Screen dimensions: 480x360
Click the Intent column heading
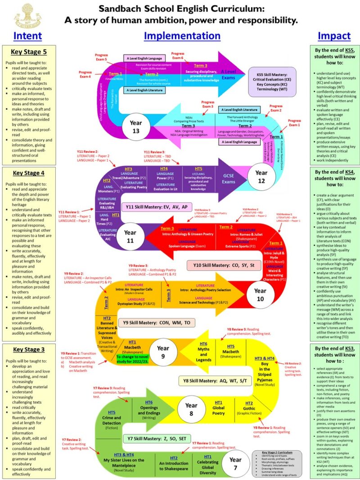click(x=27, y=36)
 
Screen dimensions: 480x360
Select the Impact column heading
click(x=334, y=36)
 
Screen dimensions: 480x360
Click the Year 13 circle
click(x=129, y=127)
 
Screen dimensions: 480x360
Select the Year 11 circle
click(x=130, y=236)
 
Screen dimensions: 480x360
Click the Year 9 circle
click(x=163, y=351)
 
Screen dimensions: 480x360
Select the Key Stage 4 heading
click(x=30, y=174)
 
